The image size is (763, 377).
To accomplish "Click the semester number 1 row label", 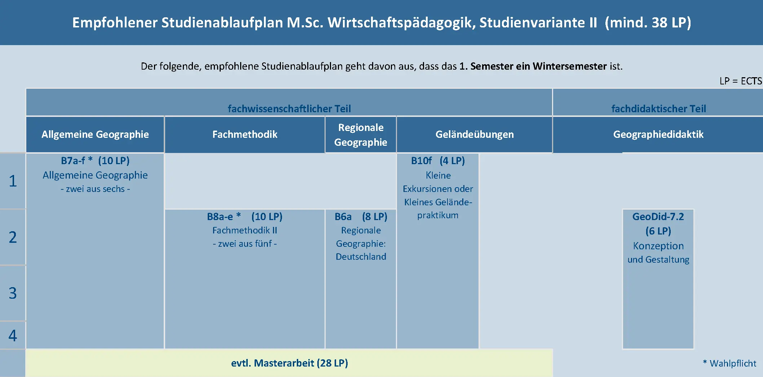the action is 13,181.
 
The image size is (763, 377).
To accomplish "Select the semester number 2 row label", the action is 13,237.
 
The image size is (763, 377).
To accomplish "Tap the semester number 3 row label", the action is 13,293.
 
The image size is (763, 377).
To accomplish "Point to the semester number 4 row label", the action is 13,336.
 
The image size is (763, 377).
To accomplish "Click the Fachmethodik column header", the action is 245,134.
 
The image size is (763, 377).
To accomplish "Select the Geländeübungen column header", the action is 475,134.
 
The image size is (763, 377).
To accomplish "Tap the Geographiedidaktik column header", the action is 658,134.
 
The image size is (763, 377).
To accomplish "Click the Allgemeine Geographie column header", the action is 95,134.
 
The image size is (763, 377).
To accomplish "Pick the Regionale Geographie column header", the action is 361,135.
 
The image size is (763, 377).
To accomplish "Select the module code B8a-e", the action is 220,216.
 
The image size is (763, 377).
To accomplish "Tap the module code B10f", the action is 421,161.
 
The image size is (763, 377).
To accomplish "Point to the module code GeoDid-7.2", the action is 658,216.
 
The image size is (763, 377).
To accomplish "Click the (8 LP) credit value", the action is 375,216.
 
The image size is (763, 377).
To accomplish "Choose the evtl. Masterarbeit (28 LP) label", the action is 290,363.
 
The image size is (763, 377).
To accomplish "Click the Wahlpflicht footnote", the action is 729,363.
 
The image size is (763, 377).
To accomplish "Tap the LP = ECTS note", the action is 741,81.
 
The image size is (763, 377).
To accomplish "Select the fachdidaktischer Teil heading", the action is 658,109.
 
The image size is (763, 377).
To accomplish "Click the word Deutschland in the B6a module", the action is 361,257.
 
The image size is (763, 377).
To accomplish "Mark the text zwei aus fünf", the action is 245,244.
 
